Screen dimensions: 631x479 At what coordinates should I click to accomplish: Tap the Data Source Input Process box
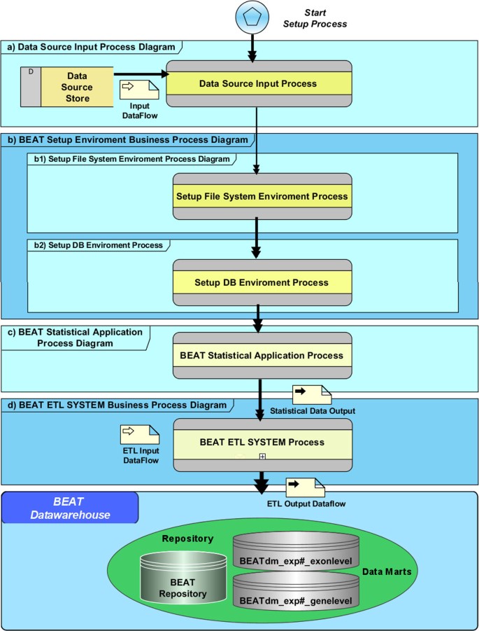[x=257, y=84]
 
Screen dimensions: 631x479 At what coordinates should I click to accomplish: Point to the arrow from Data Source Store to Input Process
[x=140, y=72]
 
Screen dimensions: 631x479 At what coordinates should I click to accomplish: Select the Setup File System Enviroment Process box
[x=262, y=197]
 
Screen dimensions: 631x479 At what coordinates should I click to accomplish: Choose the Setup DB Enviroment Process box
[x=262, y=282]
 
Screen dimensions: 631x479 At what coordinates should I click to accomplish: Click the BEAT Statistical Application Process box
[x=262, y=356]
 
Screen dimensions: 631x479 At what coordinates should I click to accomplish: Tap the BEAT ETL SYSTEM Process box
[x=262, y=443]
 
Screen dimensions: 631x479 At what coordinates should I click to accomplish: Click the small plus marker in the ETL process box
[x=262, y=456]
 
